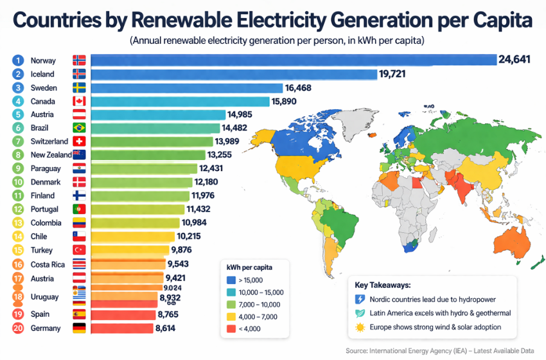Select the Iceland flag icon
[80, 74]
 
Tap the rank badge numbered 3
[19, 87]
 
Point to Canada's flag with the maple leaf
[80, 101]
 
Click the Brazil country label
[39, 128]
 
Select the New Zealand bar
[148, 155]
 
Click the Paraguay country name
[46, 168]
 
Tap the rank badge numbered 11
[19, 195]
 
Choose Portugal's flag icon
[80, 209]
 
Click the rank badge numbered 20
[19, 328]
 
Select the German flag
[80, 328]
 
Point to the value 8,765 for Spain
[172, 314]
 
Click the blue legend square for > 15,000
[231, 280]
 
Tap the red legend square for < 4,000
[231, 328]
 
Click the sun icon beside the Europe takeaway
[360, 327]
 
